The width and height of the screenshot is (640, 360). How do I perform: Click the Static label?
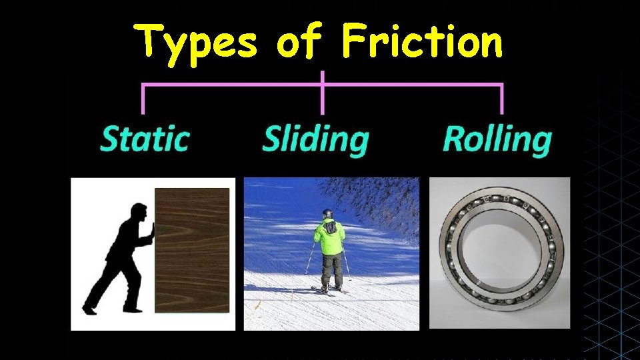(x=145, y=139)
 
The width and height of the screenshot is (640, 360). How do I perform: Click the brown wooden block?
(x=192, y=251)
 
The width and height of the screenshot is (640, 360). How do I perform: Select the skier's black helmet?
(x=327, y=214)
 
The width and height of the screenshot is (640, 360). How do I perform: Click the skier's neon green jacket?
(x=329, y=237)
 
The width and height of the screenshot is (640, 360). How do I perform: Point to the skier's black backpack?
(x=330, y=228)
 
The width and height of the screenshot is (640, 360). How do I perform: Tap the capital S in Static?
(x=110, y=139)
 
